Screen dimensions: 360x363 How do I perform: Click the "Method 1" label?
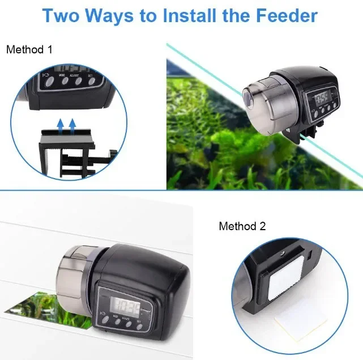click(x=29, y=50)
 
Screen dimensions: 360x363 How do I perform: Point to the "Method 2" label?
click(x=242, y=226)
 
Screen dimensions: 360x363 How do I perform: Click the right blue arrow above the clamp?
click(x=72, y=124)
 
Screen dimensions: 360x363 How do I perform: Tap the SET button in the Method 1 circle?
click(x=91, y=81)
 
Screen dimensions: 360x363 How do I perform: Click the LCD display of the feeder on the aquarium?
click(x=323, y=99)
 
